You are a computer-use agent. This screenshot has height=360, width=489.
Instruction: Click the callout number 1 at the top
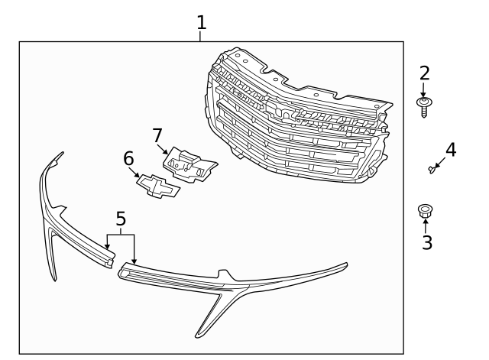point(202,22)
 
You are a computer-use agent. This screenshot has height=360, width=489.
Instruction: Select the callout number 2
point(424,73)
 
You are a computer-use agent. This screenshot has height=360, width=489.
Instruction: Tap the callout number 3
point(427,243)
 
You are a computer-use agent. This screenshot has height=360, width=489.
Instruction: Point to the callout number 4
point(451,149)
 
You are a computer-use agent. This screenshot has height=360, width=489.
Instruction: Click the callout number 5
point(121,220)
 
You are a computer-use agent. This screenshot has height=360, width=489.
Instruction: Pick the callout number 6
point(128,158)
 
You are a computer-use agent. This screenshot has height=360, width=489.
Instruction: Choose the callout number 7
point(157,135)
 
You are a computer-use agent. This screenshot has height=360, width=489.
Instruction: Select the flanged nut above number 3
point(425,211)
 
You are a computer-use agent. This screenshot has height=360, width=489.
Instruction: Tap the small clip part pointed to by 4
point(433,169)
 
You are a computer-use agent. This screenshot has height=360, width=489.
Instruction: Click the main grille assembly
point(298,122)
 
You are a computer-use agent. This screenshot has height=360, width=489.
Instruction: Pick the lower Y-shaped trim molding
point(229,287)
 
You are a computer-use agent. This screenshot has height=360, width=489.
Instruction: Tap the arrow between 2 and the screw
point(423,89)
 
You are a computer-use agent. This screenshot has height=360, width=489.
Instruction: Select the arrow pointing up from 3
point(426,226)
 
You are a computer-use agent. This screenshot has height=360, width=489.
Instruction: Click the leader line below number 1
point(202,36)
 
